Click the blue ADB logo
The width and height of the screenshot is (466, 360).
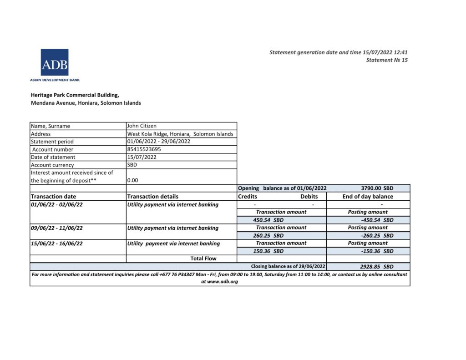[x=55, y=62]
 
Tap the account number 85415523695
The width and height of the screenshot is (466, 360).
[x=144, y=149]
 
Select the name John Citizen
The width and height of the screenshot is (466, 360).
[x=142, y=126]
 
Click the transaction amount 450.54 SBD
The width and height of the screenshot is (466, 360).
[x=268, y=220]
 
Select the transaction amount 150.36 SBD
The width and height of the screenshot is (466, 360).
[x=268, y=251]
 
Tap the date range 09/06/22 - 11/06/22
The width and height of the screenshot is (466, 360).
[x=57, y=228]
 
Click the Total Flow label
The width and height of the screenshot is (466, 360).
[x=203, y=259]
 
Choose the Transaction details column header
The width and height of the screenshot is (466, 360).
[x=153, y=197]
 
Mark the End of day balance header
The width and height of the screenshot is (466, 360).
[x=368, y=197]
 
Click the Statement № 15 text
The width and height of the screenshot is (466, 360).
[x=387, y=60]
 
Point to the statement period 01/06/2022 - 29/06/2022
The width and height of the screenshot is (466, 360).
[x=158, y=142]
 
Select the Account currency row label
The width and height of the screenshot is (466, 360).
[x=52, y=165]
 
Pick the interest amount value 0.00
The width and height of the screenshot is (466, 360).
[x=133, y=180]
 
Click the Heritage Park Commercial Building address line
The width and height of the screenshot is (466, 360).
[x=75, y=95]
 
